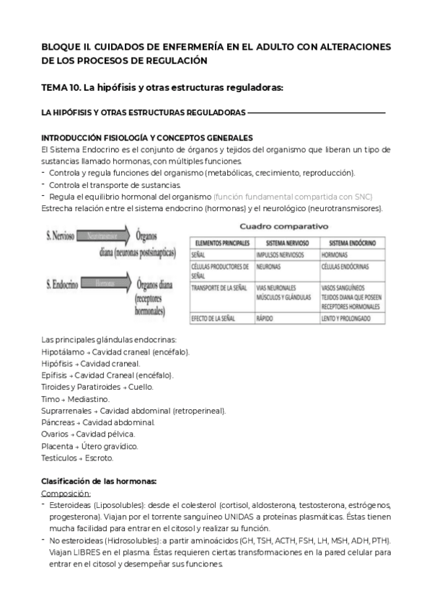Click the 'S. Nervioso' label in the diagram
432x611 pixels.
point(63,236)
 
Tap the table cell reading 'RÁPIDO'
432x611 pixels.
point(265,318)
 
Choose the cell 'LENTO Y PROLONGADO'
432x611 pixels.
point(346,318)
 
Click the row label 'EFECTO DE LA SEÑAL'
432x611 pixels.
point(216,318)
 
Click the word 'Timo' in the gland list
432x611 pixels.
point(50,398)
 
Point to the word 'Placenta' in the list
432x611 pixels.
point(57,446)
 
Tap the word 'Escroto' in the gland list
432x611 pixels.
point(98,458)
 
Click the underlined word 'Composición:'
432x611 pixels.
point(66,494)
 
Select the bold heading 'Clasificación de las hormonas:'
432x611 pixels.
point(98,481)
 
